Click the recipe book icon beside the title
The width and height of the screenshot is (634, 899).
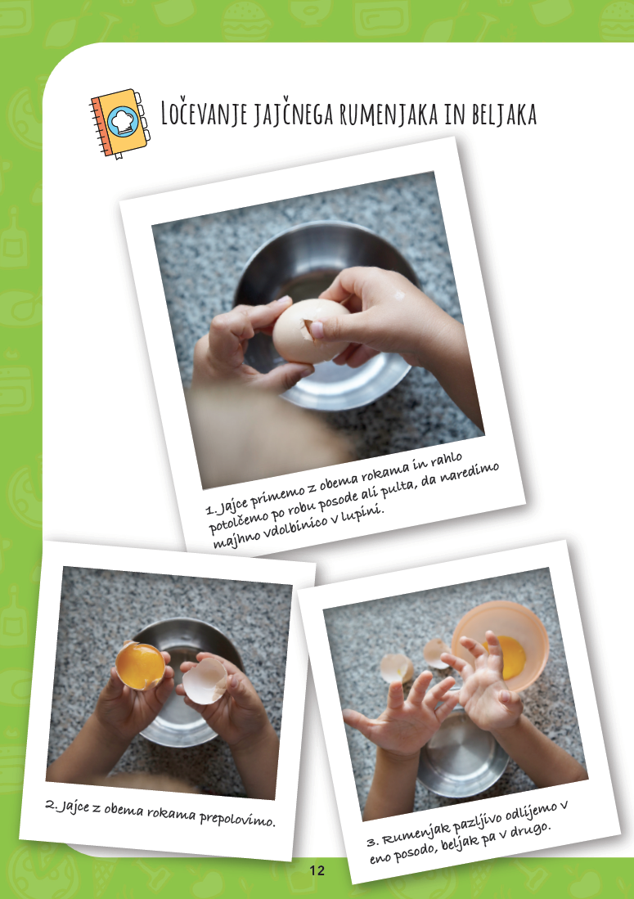click(x=119, y=124)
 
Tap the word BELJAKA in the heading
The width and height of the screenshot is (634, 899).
click(x=505, y=114)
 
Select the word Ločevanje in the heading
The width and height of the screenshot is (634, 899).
click(x=204, y=114)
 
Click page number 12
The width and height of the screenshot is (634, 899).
click(x=317, y=870)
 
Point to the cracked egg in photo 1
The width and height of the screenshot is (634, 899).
click(x=309, y=330)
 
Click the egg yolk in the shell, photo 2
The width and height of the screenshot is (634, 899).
click(x=140, y=665)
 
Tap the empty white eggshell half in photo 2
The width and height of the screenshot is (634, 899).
click(x=205, y=681)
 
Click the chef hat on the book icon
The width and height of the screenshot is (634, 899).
click(x=123, y=121)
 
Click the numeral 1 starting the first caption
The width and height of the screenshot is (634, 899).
click(x=209, y=509)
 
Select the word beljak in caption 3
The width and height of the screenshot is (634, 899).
click(x=460, y=843)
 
